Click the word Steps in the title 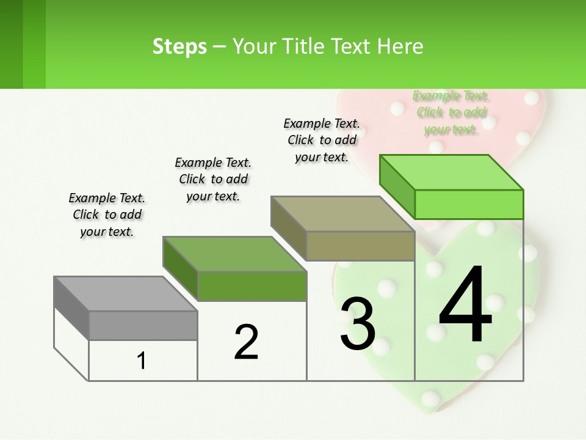(179, 46)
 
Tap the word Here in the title (399, 46)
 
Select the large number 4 (465, 306)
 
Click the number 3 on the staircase (358, 324)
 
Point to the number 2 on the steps (246, 342)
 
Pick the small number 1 (142, 361)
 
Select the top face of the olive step (342, 215)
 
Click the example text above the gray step (107, 215)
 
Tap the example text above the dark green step (213, 179)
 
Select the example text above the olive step (322, 140)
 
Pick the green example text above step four (451, 112)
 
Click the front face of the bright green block (469, 204)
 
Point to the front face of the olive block (360, 246)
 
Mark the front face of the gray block (143, 325)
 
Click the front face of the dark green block (251, 286)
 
